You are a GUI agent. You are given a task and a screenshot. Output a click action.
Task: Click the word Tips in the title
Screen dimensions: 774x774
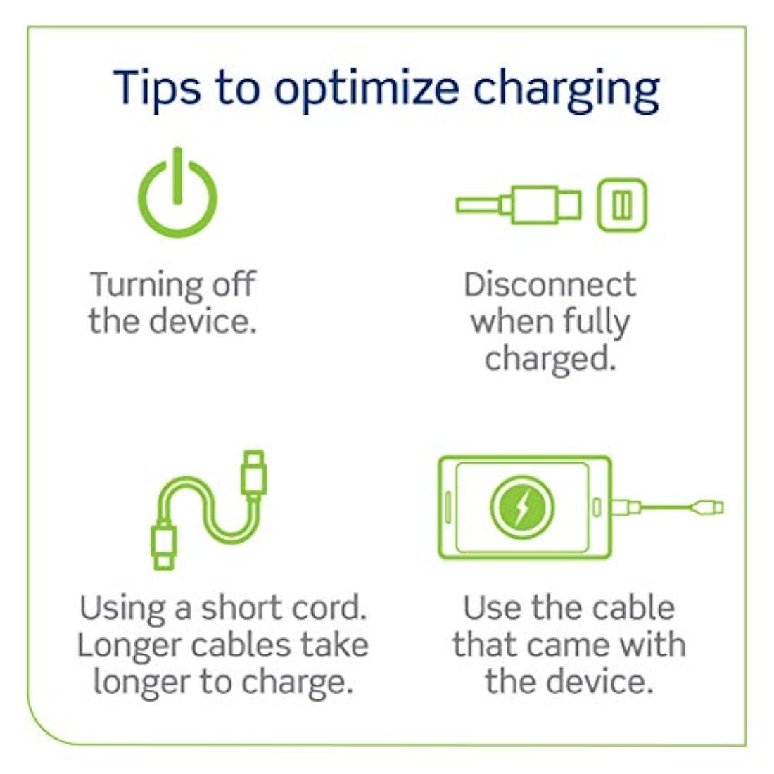(x=156, y=89)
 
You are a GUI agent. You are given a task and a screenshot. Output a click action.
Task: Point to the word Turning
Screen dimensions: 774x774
(x=145, y=286)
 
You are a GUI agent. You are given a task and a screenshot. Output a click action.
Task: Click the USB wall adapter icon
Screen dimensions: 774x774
(x=622, y=205)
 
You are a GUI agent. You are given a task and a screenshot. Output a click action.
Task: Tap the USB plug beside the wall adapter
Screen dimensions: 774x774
(x=519, y=204)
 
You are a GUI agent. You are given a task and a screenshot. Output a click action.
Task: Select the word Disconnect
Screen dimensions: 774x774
(x=550, y=285)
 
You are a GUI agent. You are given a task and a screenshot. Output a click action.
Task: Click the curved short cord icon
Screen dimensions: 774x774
(x=209, y=510)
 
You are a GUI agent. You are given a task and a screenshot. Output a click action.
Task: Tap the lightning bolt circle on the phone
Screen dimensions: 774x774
(x=522, y=507)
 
